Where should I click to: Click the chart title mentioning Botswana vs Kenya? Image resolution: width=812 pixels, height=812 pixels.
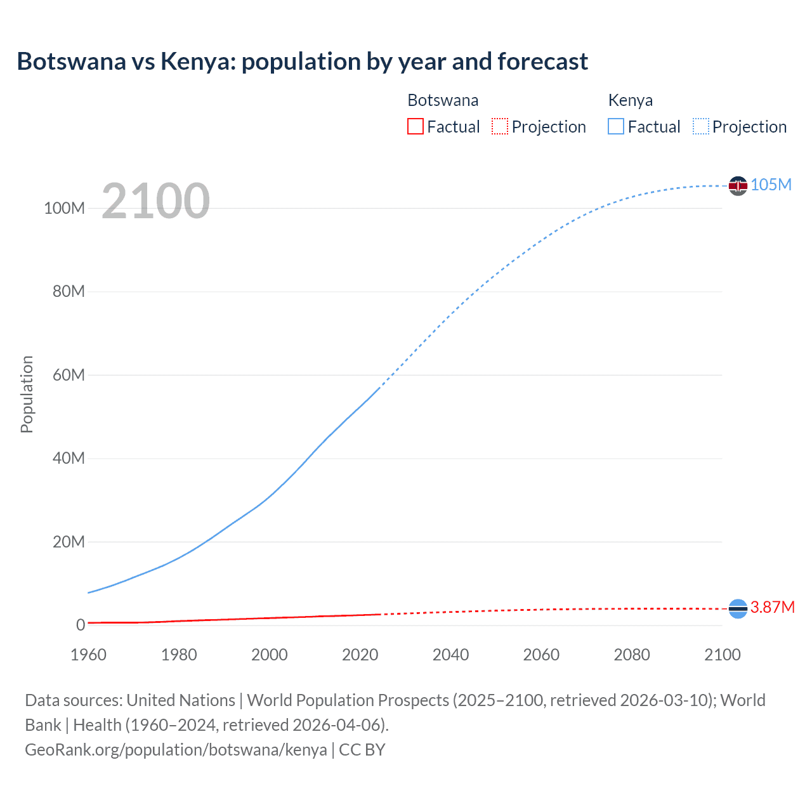pyautogui.click(x=302, y=62)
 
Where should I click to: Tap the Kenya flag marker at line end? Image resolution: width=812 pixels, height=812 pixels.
pyautogui.click(x=738, y=185)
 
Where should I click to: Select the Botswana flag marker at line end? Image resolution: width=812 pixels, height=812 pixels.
pyautogui.click(x=738, y=608)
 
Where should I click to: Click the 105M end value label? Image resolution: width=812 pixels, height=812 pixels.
pyautogui.click(x=771, y=185)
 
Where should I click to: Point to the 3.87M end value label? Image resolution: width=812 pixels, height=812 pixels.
pyautogui.click(x=772, y=607)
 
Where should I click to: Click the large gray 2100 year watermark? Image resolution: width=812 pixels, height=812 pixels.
pyautogui.click(x=155, y=201)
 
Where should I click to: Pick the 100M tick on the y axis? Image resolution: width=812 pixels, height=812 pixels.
pyautogui.click(x=64, y=209)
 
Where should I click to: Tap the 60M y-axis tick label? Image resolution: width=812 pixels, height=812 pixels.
pyautogui.click(x=68, y=375)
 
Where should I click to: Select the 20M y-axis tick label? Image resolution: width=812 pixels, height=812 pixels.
pyautogui.click(x=68, y=542)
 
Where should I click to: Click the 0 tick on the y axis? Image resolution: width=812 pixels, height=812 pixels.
pyautogui.click(x=80, y=625)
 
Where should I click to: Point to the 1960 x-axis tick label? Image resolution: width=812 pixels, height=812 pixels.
pyautogui.click(x=88, y=655)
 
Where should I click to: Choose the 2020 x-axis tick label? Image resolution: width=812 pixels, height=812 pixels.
pyautogui.click(x=360, y=655)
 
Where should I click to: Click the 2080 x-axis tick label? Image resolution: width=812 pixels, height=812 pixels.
pyautogui.click(x=631, y=655)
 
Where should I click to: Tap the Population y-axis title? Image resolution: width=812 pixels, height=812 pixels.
pyautogui.click(x=27, y=394)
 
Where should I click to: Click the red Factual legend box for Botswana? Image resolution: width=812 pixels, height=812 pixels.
pyautogui.click(x=415, y=127)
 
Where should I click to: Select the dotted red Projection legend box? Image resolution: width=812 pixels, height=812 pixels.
pyautogui.click(x=500, y=127)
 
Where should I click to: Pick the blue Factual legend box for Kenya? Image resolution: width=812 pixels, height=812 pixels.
pyautogui.click(x=616, y=127)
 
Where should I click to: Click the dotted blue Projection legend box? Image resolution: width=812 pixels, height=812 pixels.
pyautogui.click(x=701, y=127)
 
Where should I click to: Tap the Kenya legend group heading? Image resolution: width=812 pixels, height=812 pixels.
pyautogui.click(x=630, y=100)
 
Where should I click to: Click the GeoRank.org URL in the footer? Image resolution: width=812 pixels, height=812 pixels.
pyautogui.click(x=176, y=750)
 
